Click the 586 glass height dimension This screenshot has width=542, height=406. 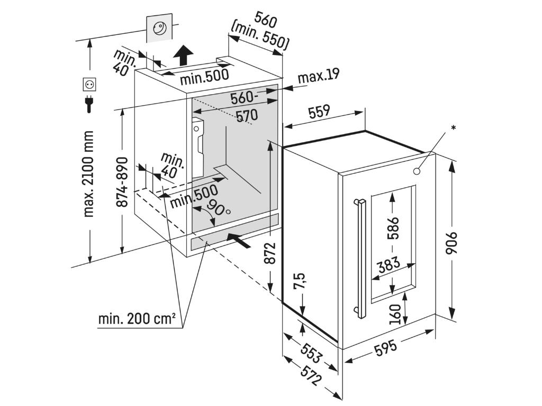[x=392, y=228]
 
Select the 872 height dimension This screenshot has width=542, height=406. [x=270, y=253]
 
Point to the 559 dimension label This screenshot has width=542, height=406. [x=319, y=111]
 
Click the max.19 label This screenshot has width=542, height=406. [x=318, y=77]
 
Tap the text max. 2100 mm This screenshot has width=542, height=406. [x=88, y=174]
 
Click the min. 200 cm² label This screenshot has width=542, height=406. [x=136, y=319]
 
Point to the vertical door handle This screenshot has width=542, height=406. [x=362, y=259]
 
